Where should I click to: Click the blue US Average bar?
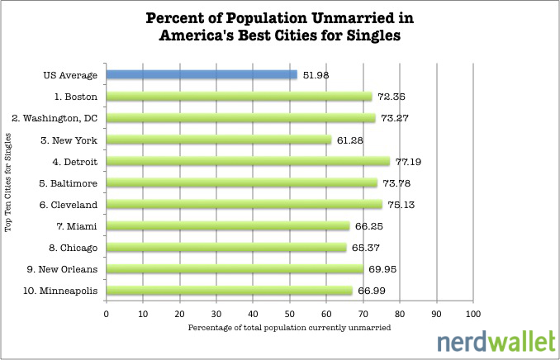click(202, 75)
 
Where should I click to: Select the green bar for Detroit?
click(248, 161)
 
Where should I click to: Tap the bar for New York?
click(219, 140)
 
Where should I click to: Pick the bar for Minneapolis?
click(230, 291)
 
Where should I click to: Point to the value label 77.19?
click(410, 161)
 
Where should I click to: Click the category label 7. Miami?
click(78, 226)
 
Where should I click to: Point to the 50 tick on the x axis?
click(290, 314)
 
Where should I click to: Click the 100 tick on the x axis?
click(473, 314)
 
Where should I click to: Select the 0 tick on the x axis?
click(107, 314)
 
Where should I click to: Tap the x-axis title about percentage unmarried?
click(289, 328)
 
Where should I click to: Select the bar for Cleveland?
click(244, 205)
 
